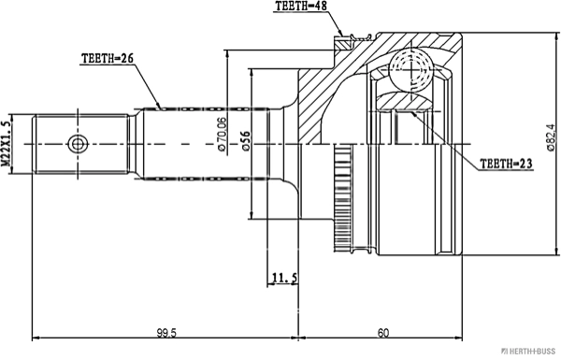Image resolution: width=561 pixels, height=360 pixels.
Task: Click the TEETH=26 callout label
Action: [x=108, y=58]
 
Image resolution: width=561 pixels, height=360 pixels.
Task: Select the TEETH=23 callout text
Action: [x=506, y=164]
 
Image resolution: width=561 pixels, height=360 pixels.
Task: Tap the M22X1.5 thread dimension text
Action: [x=6, y=144]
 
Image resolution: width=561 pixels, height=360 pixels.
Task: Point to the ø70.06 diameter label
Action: [x=222, y=134]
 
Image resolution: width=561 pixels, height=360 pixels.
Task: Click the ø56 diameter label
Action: [x=246, y=141]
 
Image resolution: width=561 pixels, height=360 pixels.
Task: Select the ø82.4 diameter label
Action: [x=551, y=137]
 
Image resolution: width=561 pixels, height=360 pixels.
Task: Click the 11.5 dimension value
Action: [x=284, y=278]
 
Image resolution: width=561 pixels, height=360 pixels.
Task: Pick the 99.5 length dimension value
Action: [x=166, y=333]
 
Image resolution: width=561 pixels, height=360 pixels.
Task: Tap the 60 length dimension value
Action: [x=382, y=333]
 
